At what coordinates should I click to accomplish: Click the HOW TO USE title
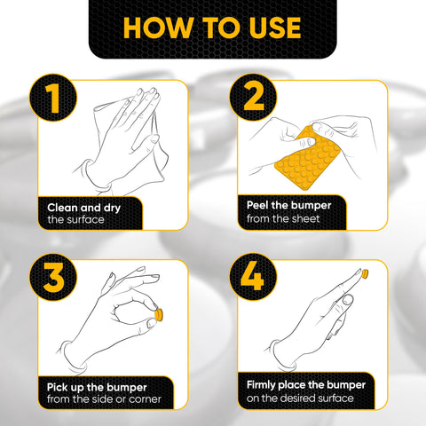213,27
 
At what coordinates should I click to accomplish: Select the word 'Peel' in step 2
258,205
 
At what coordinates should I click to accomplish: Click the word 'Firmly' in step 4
264,386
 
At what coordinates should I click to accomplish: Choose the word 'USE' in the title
270,27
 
